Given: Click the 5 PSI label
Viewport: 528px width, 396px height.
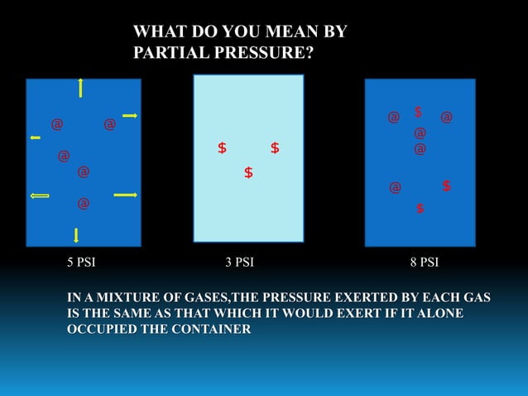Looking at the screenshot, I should click(x=80, y=263).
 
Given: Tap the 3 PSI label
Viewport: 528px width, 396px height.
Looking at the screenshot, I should click(x=239, y=263).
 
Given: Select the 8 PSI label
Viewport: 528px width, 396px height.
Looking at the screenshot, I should click(x=425, y=263).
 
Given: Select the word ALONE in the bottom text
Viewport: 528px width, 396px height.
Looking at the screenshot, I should click(x=439, y=313).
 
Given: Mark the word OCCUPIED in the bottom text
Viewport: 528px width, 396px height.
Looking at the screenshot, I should click(x=103, y=330).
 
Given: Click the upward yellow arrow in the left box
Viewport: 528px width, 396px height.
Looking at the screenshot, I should click(x=80, y=87).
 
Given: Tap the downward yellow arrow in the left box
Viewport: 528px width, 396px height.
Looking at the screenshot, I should click(x=76, y=234).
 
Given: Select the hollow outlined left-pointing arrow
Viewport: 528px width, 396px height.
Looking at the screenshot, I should click(x=40, y=196).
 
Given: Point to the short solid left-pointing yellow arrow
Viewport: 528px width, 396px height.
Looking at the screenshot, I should click(x=35, y=138).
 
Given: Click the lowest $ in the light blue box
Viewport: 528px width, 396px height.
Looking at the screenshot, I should click(x=248, y=173).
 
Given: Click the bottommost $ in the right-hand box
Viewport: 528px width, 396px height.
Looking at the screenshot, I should click(x=420, y=209).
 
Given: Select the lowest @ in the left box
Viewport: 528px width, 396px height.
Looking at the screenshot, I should click(x=83, y=203).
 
